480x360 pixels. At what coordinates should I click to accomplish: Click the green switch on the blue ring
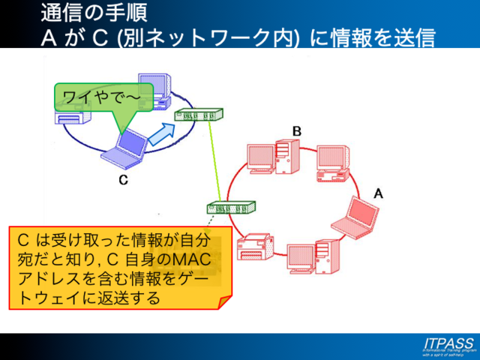pyautogui.click(x=198, y=115)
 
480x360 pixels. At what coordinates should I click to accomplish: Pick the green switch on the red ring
pyautogui.click(x=231, y=207)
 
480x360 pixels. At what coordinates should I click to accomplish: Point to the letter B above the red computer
pyautogui.click(x=297, y=131)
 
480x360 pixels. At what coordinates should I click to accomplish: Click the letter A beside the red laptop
pyautogui.click(x=378, y=193)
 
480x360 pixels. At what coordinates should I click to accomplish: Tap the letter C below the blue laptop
pyautogui.click(x=124, y=180)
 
